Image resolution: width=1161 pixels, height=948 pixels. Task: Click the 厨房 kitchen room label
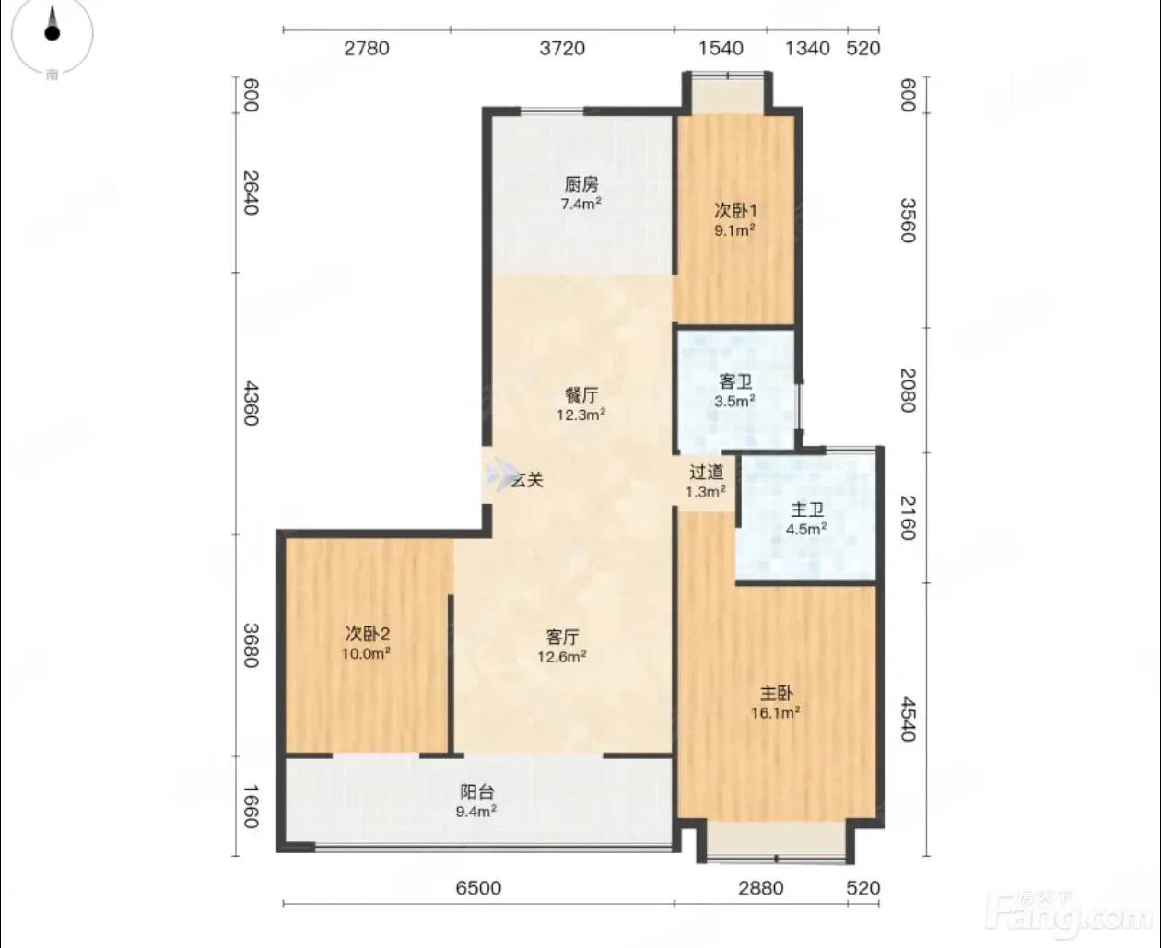tap(580, 184)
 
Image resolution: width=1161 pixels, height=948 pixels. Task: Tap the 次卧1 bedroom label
tap(735, 210)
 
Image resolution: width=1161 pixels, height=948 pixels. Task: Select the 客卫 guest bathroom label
tap(735, 381)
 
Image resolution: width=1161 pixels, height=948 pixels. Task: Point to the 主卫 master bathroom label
tap(806, 509)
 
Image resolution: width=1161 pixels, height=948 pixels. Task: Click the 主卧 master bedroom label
tap(776, 693)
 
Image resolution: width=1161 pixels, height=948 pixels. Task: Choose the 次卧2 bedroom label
tap(367, 634)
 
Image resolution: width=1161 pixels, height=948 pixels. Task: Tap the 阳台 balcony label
tap(476, 791)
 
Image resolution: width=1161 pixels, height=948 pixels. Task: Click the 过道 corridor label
tap(707, 472)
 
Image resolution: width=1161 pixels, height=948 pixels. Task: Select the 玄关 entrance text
tap(527, 480)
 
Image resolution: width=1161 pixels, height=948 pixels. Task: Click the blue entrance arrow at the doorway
tap(499, 474)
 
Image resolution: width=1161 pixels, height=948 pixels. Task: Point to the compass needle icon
tap(53, 24)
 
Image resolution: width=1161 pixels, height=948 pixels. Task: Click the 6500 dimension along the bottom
tap(478, 888)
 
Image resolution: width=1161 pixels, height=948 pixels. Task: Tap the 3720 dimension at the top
tap(562, 49)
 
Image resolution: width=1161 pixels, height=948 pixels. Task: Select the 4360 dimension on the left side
tap(251, 403)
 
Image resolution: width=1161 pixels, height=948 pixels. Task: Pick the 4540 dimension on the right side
tap(908, 719)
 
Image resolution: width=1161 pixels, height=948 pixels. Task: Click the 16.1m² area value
tap(776, 713)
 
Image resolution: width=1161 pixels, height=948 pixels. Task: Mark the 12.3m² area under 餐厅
tap(580, 415)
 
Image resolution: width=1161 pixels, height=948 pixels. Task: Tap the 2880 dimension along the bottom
tap(761, 888)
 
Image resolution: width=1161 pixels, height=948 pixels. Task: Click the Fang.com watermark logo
tap(1068, 915)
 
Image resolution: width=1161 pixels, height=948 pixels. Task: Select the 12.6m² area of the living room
tap(561, 656)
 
